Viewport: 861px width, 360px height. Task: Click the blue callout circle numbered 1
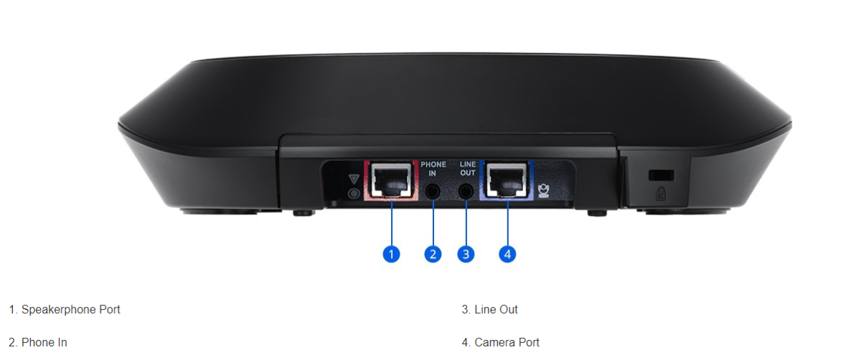pyautogui.click(x=391, y=254)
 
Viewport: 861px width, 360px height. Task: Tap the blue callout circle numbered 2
pyautogui.click(x=433, y=254)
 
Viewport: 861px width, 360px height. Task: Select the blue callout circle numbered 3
pyautogui.click(x=466, y=254)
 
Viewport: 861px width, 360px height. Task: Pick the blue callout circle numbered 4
pyautogui.click(x=507, y=254)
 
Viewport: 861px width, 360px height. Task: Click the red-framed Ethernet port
pyautogui.click(x=391, y=180)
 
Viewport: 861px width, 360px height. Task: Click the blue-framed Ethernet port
pyautogui.click(x=507, y=180)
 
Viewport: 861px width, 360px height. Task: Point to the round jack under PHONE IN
pyautogui.click(x=433, y=191)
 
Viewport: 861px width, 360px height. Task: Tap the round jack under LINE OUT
pyautogui.click(x=466, y=191)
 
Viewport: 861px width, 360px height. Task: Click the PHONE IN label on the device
pyautogui.click(x=433, y=169)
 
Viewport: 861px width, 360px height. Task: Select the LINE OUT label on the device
pyautogui.click(x=468, y=169)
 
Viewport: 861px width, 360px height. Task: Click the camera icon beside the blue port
pyautogui.click(x=544, y=191)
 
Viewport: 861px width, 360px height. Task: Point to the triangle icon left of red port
pyautogui.click(x=354, y=179)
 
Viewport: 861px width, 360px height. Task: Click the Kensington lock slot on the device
pyautogui.click(x=661, y=175)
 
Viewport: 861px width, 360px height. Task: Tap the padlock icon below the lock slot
pyautogui.click(x=661, y=194)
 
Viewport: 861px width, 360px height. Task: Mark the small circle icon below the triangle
pyautogui.click(x=354, y=193)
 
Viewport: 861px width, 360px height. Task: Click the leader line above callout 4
pyautogui.click(x=507, y=223)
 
